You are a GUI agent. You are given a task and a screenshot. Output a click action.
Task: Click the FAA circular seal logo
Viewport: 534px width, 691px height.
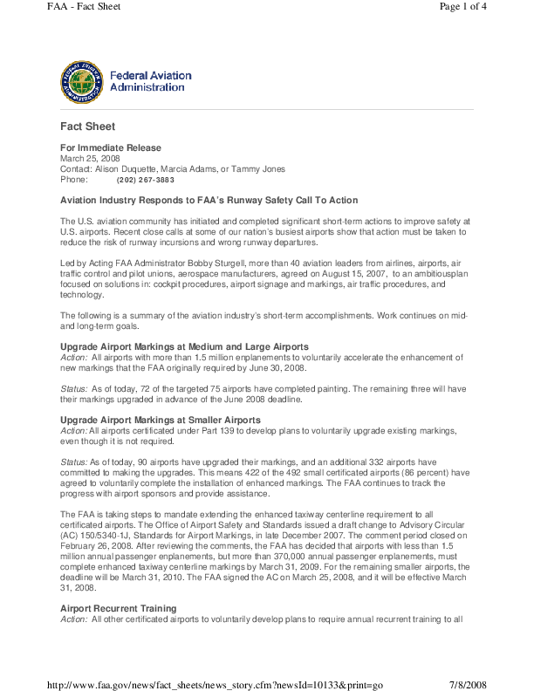[81, 82]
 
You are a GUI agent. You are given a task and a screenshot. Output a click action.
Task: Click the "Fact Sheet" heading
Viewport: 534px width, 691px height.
[88, 127]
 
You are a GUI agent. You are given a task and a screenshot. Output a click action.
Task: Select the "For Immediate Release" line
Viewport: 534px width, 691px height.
[111, 148]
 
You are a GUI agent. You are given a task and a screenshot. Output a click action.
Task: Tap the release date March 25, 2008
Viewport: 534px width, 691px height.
[90, 159]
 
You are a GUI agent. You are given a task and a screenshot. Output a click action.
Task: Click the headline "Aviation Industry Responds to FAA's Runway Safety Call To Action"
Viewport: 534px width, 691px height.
[209, 201]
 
